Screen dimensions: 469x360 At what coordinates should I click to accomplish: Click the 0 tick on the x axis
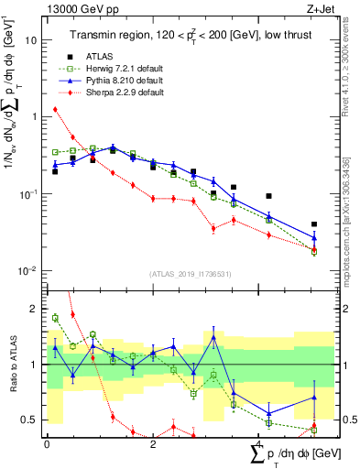tap(47, 443)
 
